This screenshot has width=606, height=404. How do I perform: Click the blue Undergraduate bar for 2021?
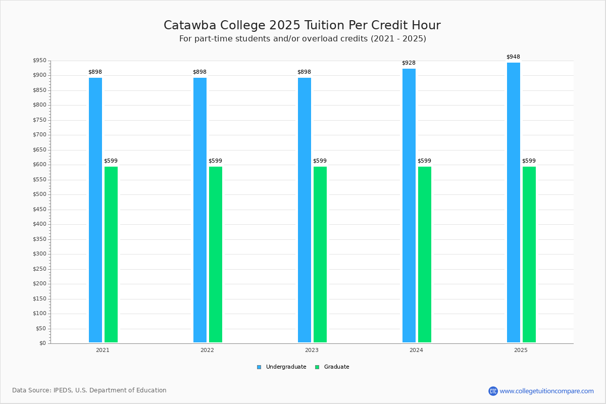95,210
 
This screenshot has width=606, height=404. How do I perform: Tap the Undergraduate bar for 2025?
514,202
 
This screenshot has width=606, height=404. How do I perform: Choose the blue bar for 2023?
305,210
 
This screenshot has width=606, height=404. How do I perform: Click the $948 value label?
513,57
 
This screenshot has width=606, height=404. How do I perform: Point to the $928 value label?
409,63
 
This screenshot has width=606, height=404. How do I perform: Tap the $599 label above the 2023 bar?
320,161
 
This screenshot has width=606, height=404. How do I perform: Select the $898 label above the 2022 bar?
199,72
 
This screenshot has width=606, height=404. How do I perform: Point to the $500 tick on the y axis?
39,194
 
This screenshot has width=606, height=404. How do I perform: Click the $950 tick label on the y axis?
39,61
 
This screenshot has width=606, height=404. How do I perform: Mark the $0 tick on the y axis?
42,343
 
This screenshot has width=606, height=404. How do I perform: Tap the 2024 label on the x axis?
416,350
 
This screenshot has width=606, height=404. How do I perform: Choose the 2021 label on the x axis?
103,350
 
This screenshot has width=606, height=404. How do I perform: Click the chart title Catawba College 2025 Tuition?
302,25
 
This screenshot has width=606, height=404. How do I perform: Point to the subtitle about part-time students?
302,39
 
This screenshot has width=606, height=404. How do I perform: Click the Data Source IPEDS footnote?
89,390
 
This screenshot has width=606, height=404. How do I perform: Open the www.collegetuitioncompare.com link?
546,391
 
